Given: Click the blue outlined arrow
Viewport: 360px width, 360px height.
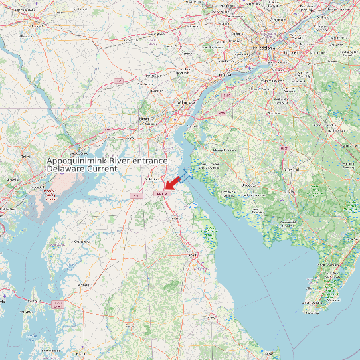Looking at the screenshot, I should tap(187, 174).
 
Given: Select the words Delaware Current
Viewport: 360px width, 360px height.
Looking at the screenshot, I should tap(82, 169).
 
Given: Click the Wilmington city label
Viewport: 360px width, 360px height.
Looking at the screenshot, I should tap(185, 104).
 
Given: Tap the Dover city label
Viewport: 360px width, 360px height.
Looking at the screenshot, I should tap(192, 254).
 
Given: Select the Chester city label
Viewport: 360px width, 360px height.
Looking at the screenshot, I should tap(226, 76).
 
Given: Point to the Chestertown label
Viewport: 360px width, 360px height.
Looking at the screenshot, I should tap(82, 242).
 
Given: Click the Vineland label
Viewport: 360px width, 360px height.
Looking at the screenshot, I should tap(291, 169).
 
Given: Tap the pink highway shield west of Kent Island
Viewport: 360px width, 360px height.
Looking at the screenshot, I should tap(57, 304).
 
